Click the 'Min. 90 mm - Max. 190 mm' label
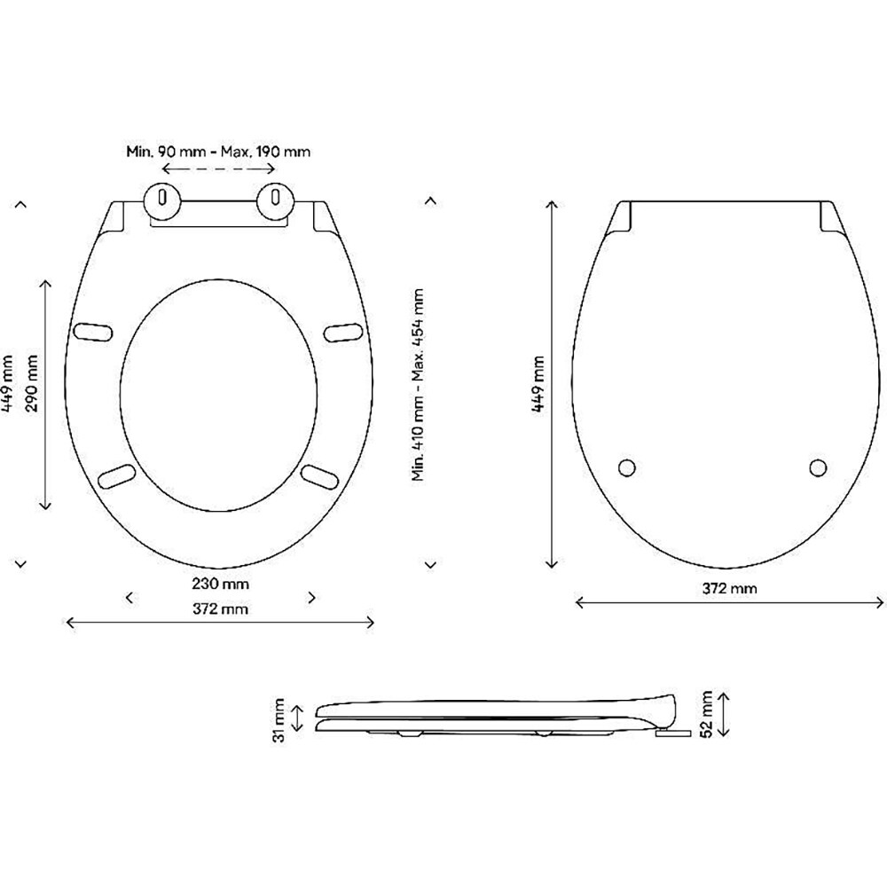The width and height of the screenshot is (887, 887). (217, 152)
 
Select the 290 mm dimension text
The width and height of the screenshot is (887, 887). (34, 393)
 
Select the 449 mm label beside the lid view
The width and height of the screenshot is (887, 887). (538, 383)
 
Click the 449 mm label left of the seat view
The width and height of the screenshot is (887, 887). (8, 383)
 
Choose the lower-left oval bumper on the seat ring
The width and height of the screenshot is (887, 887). (115, 475)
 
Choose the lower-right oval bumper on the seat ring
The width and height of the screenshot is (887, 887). (319, 475)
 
